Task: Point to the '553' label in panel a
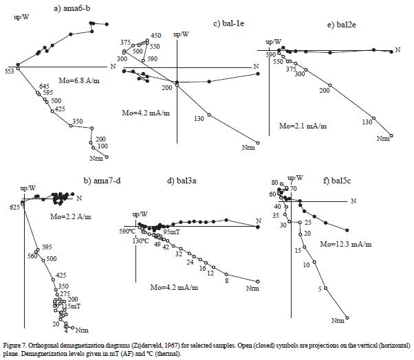(x=9, y=71)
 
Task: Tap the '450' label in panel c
(x=155, y=35)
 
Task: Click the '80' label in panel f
(x=274, y=183)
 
